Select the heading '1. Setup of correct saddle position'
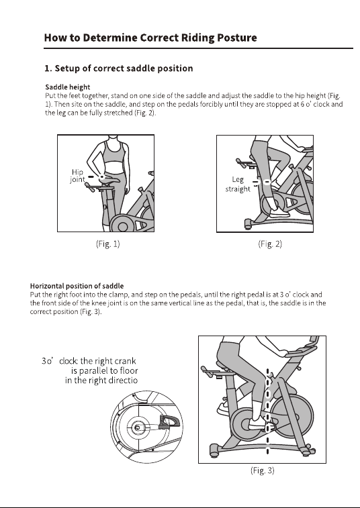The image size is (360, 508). point(119,68)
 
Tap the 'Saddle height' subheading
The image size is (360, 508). point(67,87)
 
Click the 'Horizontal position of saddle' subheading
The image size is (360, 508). point(77,286)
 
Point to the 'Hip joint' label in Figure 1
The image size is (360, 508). point(77,176)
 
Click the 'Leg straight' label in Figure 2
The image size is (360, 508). point(238,184)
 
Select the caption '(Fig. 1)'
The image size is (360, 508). point(108,244)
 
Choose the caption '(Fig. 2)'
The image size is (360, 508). point(270,244)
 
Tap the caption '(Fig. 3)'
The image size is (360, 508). point(263,470)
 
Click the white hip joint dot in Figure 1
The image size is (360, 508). point(102,177)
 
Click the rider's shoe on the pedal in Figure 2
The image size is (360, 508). point(279,213)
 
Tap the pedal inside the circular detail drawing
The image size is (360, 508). point(169,422)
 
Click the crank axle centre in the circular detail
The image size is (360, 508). point(138,428)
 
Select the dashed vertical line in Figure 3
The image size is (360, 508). point(267,411)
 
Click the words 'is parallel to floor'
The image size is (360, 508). point(104,370)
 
